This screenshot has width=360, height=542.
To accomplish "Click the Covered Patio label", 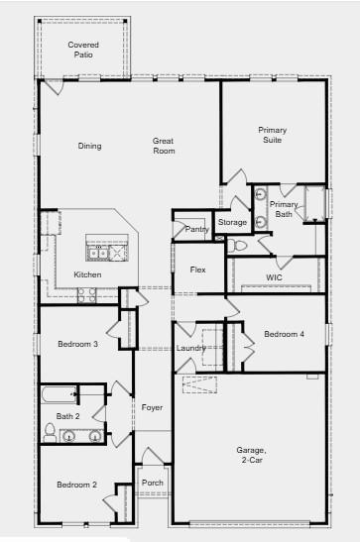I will click(x=82, y=51).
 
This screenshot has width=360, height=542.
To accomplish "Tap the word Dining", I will click(x=90, y=147).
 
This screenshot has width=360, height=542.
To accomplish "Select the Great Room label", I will click(x=164, y=147).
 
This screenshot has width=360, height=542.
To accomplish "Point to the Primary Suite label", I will click(x=272, y=135).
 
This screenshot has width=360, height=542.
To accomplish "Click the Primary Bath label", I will click(x=285, y=209).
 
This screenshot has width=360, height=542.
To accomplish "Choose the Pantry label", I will click(x=196, y=230).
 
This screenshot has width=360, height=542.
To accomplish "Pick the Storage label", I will click(x=233, y=223).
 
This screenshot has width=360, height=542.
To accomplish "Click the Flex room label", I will click(x=198, y=270).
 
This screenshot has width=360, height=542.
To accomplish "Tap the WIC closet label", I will click(x=275, y=277).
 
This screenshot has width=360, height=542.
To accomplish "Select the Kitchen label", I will click(x=87, y=274).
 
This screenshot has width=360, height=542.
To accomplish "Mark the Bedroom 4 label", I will click(x=284, y=334).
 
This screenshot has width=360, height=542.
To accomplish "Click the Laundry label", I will click(x=191, y=348).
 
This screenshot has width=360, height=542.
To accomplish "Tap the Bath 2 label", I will click(x=67, y=417).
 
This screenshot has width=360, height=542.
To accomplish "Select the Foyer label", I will click(x=152, y=407).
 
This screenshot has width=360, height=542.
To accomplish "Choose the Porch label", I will click(x=153, y=484).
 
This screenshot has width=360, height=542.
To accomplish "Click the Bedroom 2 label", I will click(x=76, y=485).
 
